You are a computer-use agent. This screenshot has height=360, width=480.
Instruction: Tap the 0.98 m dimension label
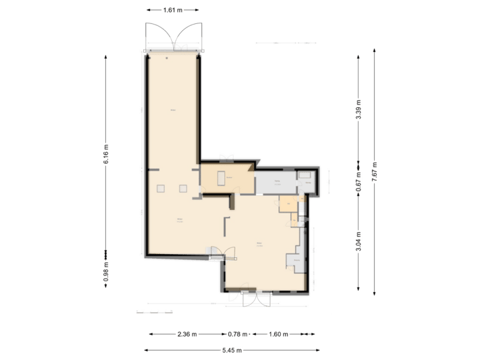106,271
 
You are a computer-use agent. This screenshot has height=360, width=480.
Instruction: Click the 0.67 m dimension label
359,183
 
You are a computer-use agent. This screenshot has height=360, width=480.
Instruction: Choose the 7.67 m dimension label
375,173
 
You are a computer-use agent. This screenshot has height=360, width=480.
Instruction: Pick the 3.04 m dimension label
359,241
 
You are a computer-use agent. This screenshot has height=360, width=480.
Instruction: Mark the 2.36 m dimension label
187,334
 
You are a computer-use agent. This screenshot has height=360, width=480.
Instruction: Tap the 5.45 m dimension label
231,349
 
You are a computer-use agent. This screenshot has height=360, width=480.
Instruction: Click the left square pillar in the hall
161,189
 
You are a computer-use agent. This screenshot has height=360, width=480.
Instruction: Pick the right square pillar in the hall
182,189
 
